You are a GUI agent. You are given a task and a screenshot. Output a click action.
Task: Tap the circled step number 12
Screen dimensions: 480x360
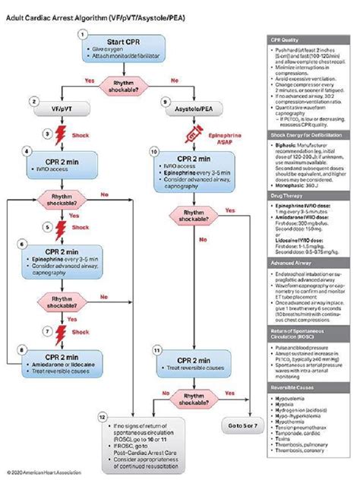point(102,417)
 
